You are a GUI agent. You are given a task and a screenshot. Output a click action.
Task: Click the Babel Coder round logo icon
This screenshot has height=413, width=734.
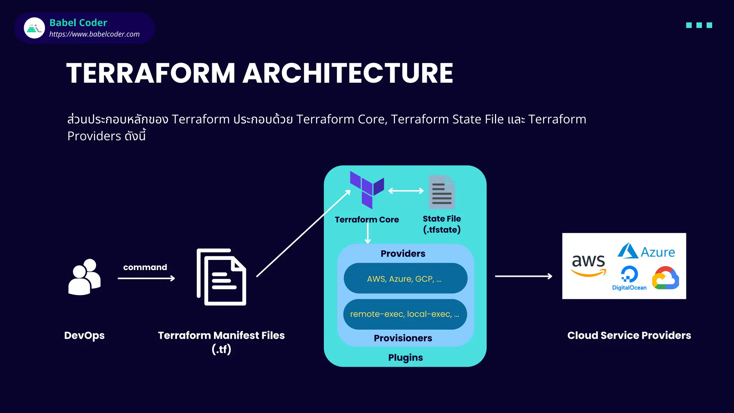pos(34,28)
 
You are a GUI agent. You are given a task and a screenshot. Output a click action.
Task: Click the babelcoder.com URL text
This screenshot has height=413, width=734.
pos(94,34)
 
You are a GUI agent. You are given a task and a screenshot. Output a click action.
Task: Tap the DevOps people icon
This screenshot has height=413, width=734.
pos(85,277)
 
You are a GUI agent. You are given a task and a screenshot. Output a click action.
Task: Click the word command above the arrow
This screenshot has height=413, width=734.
pos(145,267)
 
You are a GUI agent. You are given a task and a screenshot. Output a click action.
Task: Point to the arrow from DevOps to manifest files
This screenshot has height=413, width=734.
pos(146,278)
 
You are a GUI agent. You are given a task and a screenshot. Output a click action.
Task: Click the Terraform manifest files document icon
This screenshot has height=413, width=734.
pos(221,277)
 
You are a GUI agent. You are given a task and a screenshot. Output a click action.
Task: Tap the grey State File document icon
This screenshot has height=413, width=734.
pos(442,192)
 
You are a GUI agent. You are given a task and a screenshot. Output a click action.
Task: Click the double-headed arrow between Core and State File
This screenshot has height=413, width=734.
pos(406,191)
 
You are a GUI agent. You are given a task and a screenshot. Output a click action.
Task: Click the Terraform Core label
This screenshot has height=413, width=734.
pos(367,219)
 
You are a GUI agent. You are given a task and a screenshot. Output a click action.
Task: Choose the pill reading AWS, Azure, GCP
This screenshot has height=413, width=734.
pos(405,279)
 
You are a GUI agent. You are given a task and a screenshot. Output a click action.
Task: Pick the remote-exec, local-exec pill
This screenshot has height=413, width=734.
pos(405,314)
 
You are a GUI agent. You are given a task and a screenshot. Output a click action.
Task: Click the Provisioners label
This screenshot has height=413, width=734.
pos(403,338)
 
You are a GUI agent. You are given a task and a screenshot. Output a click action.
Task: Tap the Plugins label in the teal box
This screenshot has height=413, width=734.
pos(405,357)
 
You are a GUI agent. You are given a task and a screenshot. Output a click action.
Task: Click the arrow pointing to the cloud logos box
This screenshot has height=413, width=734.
pos(523,276)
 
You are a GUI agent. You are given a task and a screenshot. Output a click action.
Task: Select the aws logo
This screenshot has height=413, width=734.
pos(588,265)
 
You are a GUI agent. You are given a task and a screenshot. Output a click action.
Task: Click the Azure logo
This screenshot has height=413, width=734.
pos(646,251)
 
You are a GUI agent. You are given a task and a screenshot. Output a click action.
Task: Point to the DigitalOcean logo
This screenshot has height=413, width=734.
pos(629,278)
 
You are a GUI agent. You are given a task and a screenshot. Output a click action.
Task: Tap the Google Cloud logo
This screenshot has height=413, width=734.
pos(666,278)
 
